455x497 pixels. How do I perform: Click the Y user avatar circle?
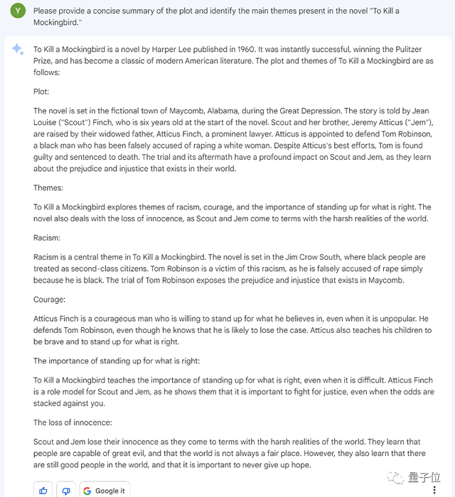[18, 11]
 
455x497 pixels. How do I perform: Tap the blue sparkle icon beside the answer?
[18, 49]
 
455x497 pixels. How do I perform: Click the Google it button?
[104, 490]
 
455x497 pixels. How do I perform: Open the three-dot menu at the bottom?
[434, 490]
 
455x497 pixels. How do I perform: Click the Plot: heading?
[42, 92]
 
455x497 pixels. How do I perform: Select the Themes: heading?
[48, 188]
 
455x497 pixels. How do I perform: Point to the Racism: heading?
[47, 238]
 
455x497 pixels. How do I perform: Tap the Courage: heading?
[49, 300]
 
